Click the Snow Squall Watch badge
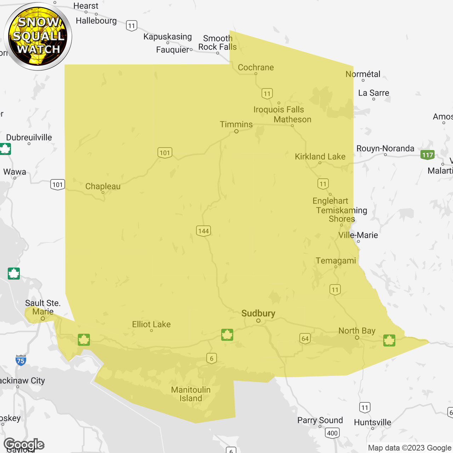[x=38, y=36]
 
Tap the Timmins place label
[x=236, y=125]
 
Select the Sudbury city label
[x=258, y=314]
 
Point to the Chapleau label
[x=103, y=187]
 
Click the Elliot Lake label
[x=151, y=325]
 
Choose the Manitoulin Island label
[x=191, y=394]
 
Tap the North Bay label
[x=357, y=331]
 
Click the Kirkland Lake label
[x=320, y=157]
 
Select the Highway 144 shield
[x=203, y=231]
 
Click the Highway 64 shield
[x=305, y=338]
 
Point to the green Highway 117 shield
[x=428, y=155]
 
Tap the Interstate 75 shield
[x=21, y=360]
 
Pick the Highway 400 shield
[x=332, y=433]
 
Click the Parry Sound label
[x=320, y=420]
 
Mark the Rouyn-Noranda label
[x=385, y=149]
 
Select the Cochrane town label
[x=256, y=68]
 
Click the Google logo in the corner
[x=24, y=444]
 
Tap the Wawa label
[x=15, y=172]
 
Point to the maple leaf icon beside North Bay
[x=389, y=340]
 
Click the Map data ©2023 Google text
[x=409, y=448]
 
